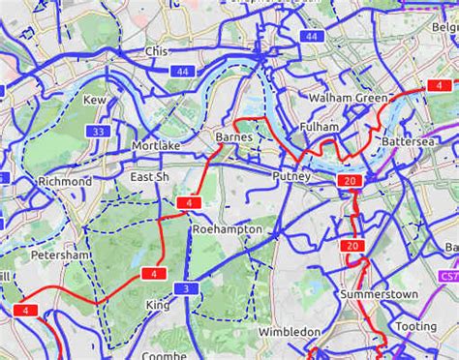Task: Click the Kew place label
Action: pyautogui.click(x=95, y=101)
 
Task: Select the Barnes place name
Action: pyautogui.click(x=233, y=137)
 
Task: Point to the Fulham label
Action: pyautogui.click(x=320, y=127)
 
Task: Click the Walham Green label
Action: pyautogui.click(x=348, y=98)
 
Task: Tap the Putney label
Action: pyautogui.click(x=291, y=176)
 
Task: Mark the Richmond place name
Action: pyautogui.click(x=65, y=182)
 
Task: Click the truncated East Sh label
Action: pyautogui.click(x=149, y=177)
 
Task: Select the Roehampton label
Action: pyautogui.click(x=228, y=229)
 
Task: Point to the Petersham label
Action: pyautogui.click(x=60, y=255)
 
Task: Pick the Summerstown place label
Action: pyautogui.click(x=379, y=293)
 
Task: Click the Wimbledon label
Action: pyautogui.click(x=290, y=332)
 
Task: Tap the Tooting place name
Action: pyautogui.click(x=415, y=327)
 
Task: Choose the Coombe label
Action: pyautogui.click(x=165, y=355)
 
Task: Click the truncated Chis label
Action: pyautogui.click(x=156, y=51)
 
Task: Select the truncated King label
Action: pyautogui.click(x=157, y=305)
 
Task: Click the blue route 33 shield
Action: pyautogui.click(x=98, y=132)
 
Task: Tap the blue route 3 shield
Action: pyautogui.click(x=185, y=289)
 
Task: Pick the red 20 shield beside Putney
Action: pyautogui.click(x=350, y=181)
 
